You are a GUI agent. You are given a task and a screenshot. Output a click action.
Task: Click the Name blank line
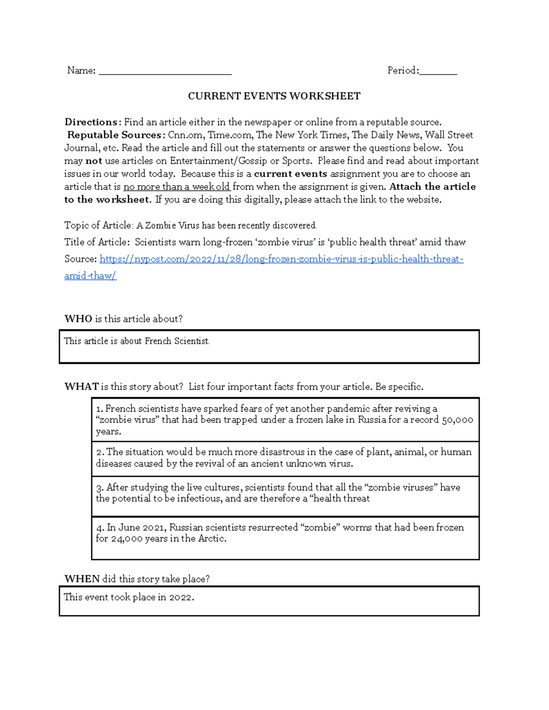click(x=165, y=72)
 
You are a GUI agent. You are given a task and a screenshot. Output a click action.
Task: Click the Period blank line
click(x=438, y=72)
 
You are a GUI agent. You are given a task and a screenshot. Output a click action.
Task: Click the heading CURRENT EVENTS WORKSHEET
click(x=274, y=96)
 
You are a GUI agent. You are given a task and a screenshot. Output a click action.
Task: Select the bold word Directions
click(x=91, y=122)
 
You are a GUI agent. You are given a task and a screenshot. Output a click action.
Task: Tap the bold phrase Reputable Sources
click(x=114, y=135)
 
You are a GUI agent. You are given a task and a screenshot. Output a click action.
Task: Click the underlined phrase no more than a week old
click(x=177, y=187)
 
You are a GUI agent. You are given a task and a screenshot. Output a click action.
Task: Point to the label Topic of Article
click(x=98, y=225)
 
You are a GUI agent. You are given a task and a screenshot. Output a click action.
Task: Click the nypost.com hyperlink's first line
click(x=281, y=259)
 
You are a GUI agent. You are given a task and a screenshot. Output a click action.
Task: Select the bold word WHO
click(x=78, y=319)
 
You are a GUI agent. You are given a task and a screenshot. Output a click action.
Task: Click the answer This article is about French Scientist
click(x=136, y=341)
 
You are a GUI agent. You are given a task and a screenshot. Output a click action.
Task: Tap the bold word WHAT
click(x=81, y=387)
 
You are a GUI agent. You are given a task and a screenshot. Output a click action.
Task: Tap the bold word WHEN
click(x=82, y=579)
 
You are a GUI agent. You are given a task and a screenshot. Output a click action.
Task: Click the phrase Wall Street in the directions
click(x=449, y=135)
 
